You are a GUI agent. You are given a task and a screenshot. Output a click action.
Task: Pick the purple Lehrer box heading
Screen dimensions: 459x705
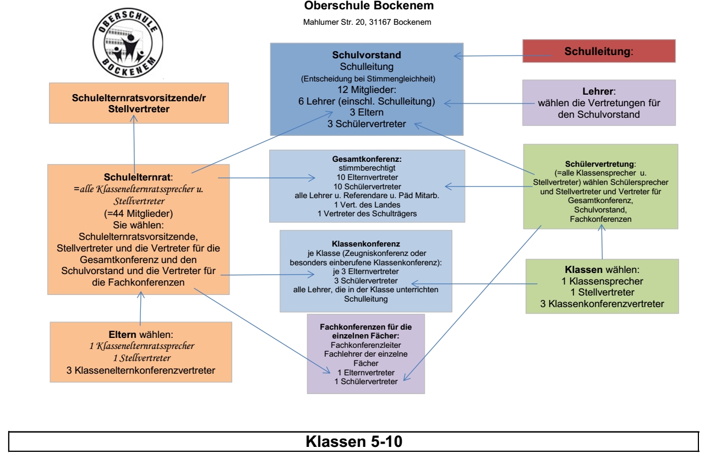click(x=599, y=91)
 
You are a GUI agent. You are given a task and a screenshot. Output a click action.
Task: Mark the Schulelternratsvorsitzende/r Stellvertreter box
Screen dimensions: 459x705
click(x=135, y=102)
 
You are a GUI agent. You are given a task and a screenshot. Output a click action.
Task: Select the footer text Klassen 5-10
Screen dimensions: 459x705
click(x=352, y=442)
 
